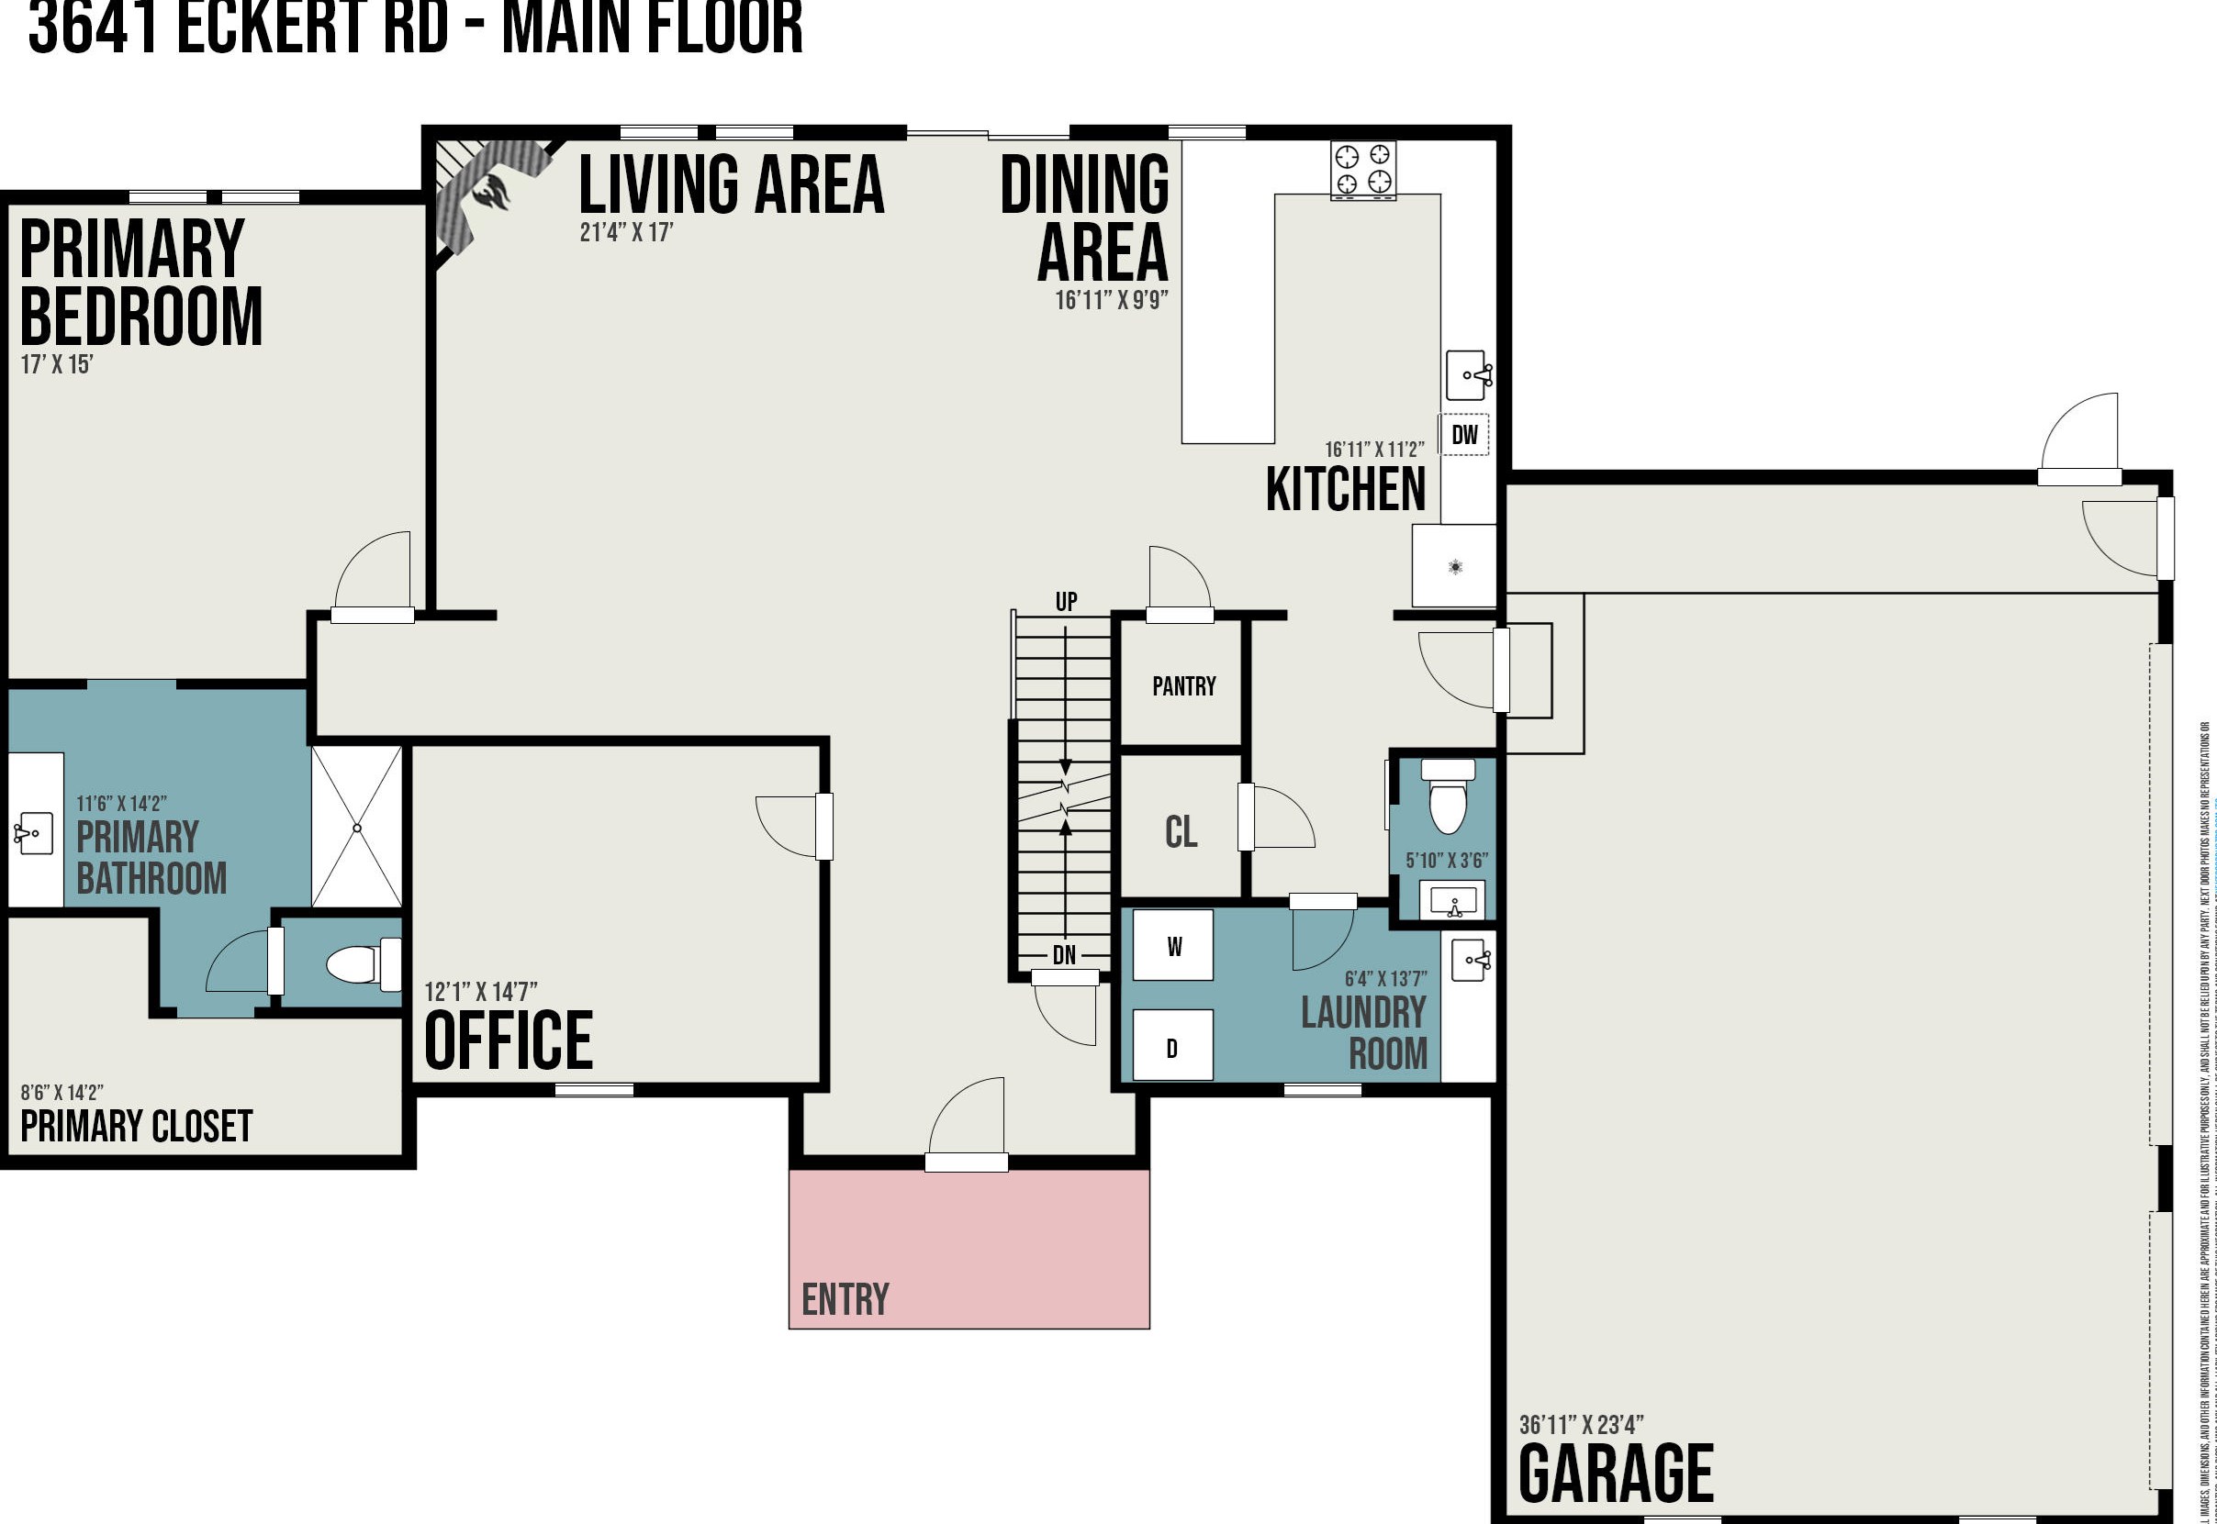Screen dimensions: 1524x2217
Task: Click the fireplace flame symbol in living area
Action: pos(492,191)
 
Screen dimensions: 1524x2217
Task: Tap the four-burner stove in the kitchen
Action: pos(1363,170)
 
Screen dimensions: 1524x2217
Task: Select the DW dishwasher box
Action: pos(1464,436)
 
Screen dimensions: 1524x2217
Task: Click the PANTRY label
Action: pos(1183,686)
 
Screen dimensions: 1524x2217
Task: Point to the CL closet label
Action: pos(1181,831)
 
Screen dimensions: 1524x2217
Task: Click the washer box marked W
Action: pos(1173,946)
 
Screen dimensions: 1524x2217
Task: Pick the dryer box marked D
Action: pos(1173,1047)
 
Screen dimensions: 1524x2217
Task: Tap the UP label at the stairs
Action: pos(1066,602)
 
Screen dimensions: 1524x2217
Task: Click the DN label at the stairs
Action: pos(1064,955)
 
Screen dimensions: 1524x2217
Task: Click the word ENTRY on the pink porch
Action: pos(845,1299)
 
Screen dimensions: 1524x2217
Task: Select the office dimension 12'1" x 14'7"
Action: pos(480,992)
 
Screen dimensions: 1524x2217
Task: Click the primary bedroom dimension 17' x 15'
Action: pos(56,365)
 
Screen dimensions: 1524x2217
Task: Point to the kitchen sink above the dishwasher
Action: pos(1469,374)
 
